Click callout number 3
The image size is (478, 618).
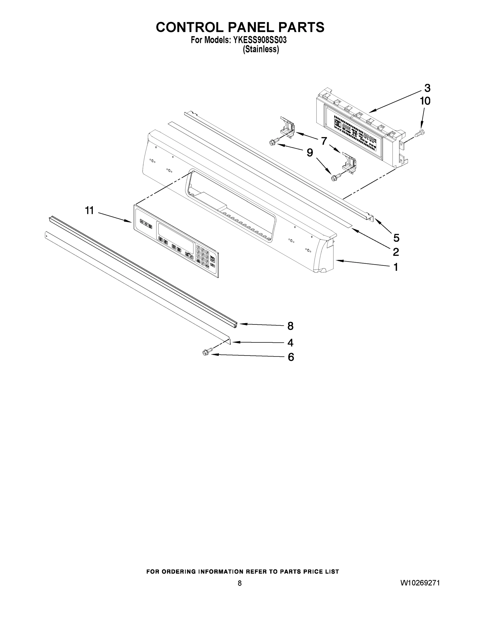coord(427,88)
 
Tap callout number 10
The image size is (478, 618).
coord(425,101)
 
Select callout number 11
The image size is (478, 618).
coord(89,211)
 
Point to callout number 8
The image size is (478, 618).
coord(290,326)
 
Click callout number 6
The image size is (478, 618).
coord(291,357)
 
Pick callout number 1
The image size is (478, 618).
coord(396,267)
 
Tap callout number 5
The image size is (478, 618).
coord(396,238)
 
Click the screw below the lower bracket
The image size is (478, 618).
coord(335,178)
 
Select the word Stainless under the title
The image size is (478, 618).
coord(261,49)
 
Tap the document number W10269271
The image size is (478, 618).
coord(420,583)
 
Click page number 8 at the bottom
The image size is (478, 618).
coord(240,583)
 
